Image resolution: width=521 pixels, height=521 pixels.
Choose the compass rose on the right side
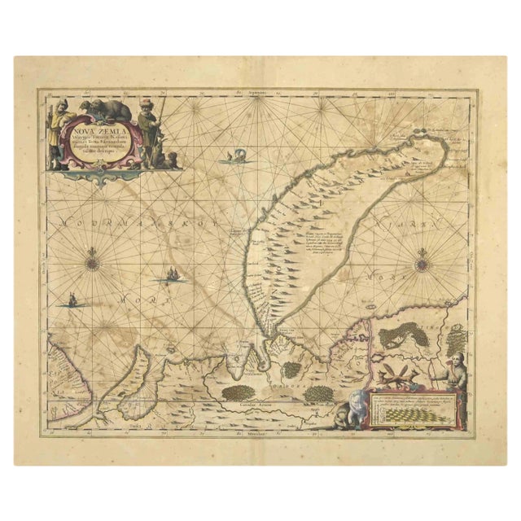[x=422, y=263]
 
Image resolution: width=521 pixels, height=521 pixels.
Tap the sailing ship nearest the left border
[x=73, y=301]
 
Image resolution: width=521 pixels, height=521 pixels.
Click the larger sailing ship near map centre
[x=174, y=275]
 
